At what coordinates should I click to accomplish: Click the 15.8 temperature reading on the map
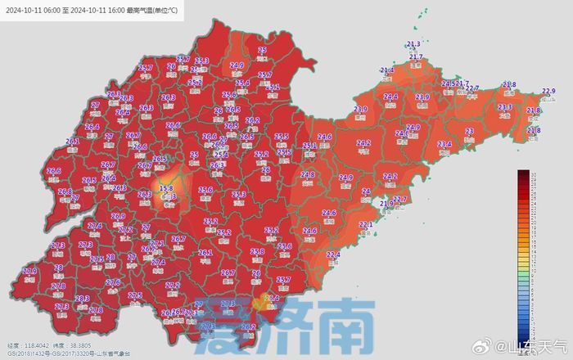coord(166,188)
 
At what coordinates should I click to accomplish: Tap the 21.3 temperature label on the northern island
coord(413,44)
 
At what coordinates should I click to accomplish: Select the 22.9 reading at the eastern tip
coord(548,91)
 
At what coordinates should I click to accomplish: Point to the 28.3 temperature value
coord(82,299)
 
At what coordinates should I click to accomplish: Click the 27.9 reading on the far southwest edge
coord(30,271)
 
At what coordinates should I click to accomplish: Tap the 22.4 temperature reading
coord(333,255)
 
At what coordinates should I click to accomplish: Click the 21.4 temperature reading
coord(387,71)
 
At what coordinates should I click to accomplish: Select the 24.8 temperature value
coord(308,175)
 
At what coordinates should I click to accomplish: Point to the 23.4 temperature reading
coord(444,144)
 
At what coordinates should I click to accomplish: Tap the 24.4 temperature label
coord(391,97)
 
